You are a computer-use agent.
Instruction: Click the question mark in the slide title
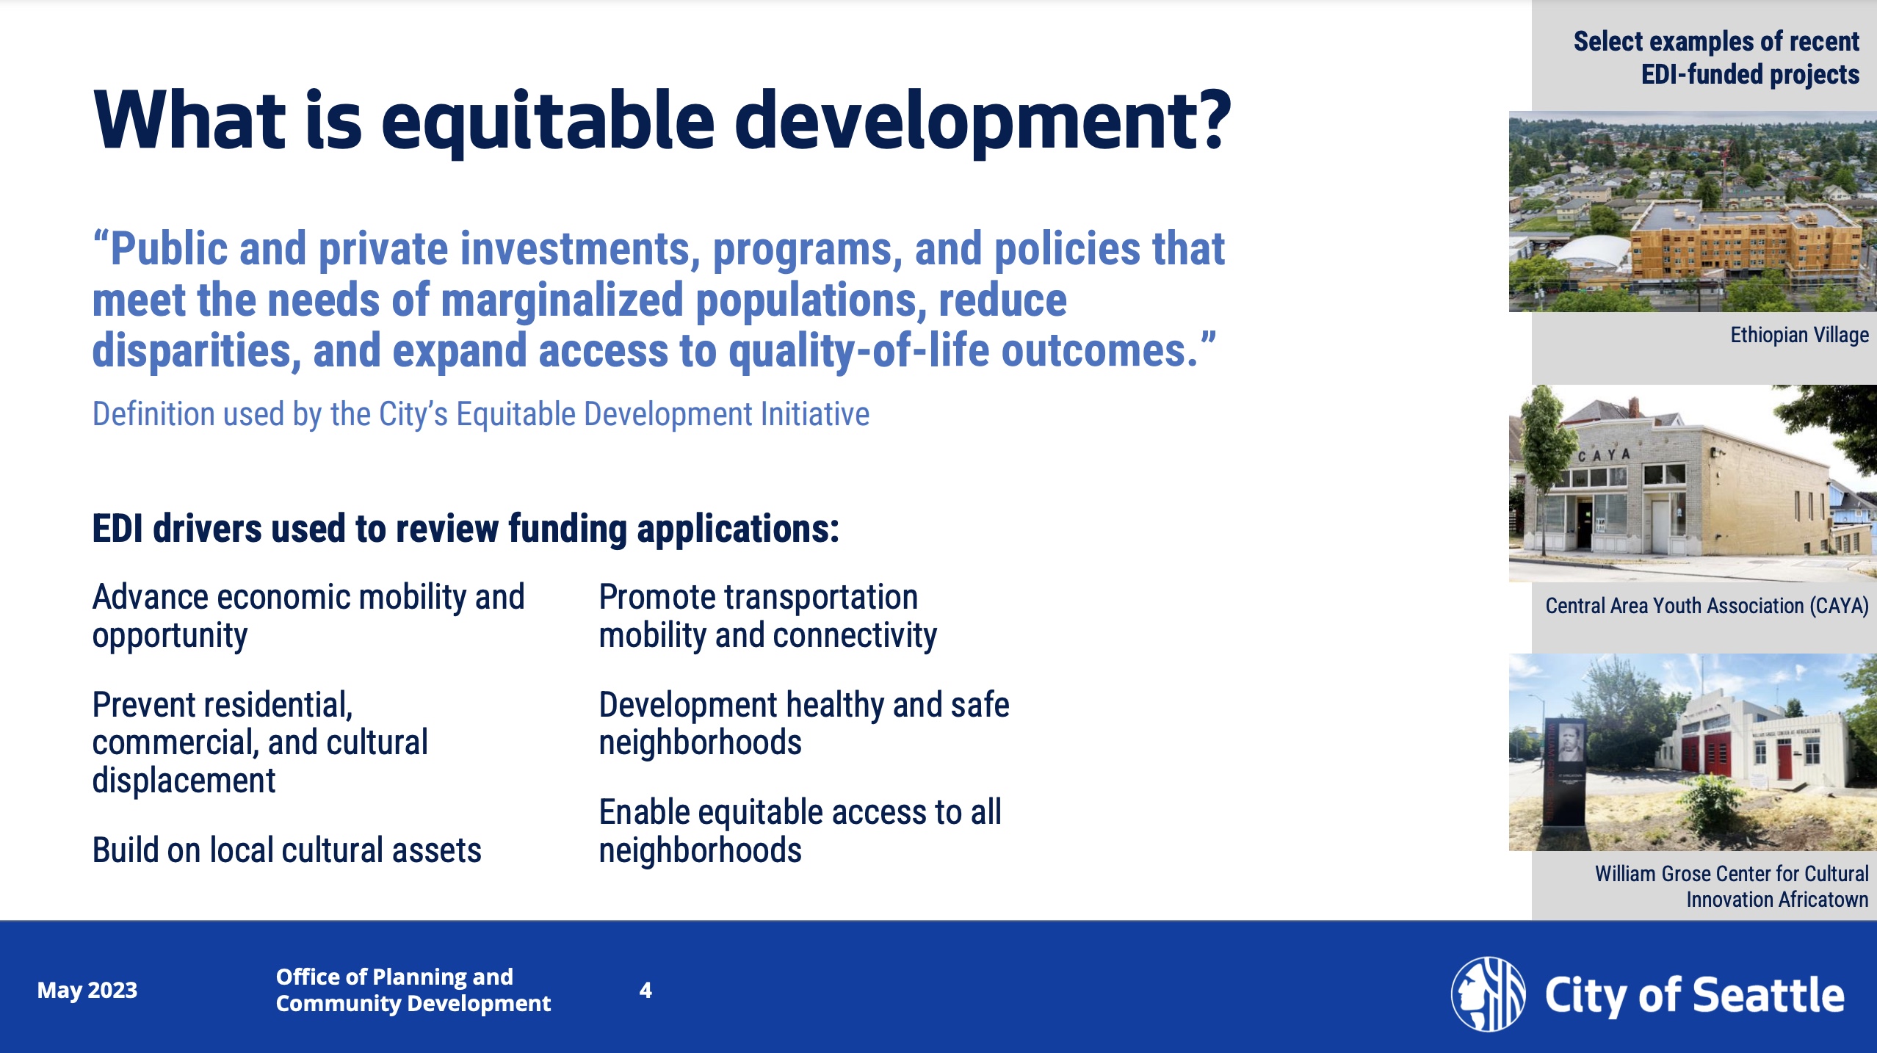pyautogui.click(x=1204, y=119)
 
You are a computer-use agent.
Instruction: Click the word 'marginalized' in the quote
pyautogui.click(x=562, y=300)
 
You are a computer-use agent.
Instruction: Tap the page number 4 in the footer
pyautogui.click(x=645, y=990)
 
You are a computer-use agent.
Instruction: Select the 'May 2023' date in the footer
pyautogui.click(x=87, y=990)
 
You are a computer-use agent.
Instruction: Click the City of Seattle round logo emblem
pyautogui.click(x=1488, y=994)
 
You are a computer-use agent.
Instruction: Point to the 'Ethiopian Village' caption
pyautogui.click(x=1799, y=335)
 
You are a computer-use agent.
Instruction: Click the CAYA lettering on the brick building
pyautogui.click(x=1604, y=455)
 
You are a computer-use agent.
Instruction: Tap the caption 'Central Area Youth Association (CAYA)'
pyautogui.click(x=1707, y=606)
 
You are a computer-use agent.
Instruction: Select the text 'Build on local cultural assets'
pyautogui.click(x=286, y=850)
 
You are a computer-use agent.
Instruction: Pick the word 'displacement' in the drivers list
pyautogui.click(x=184, y=781)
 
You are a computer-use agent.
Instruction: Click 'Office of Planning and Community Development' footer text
pyautogui.click(x=413, y=990)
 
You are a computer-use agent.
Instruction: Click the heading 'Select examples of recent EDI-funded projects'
pyautogui.click(x=1716, y=57)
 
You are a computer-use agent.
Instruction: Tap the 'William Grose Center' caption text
pyautogui.click(x=1731, y=886)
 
